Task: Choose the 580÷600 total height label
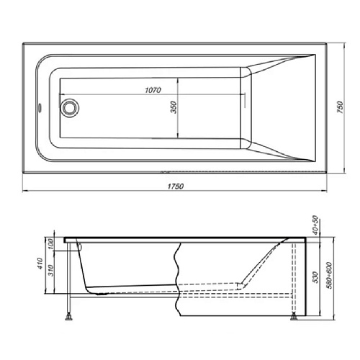click(x=330, y=273)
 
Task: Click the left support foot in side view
click(x=69, y=314)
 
